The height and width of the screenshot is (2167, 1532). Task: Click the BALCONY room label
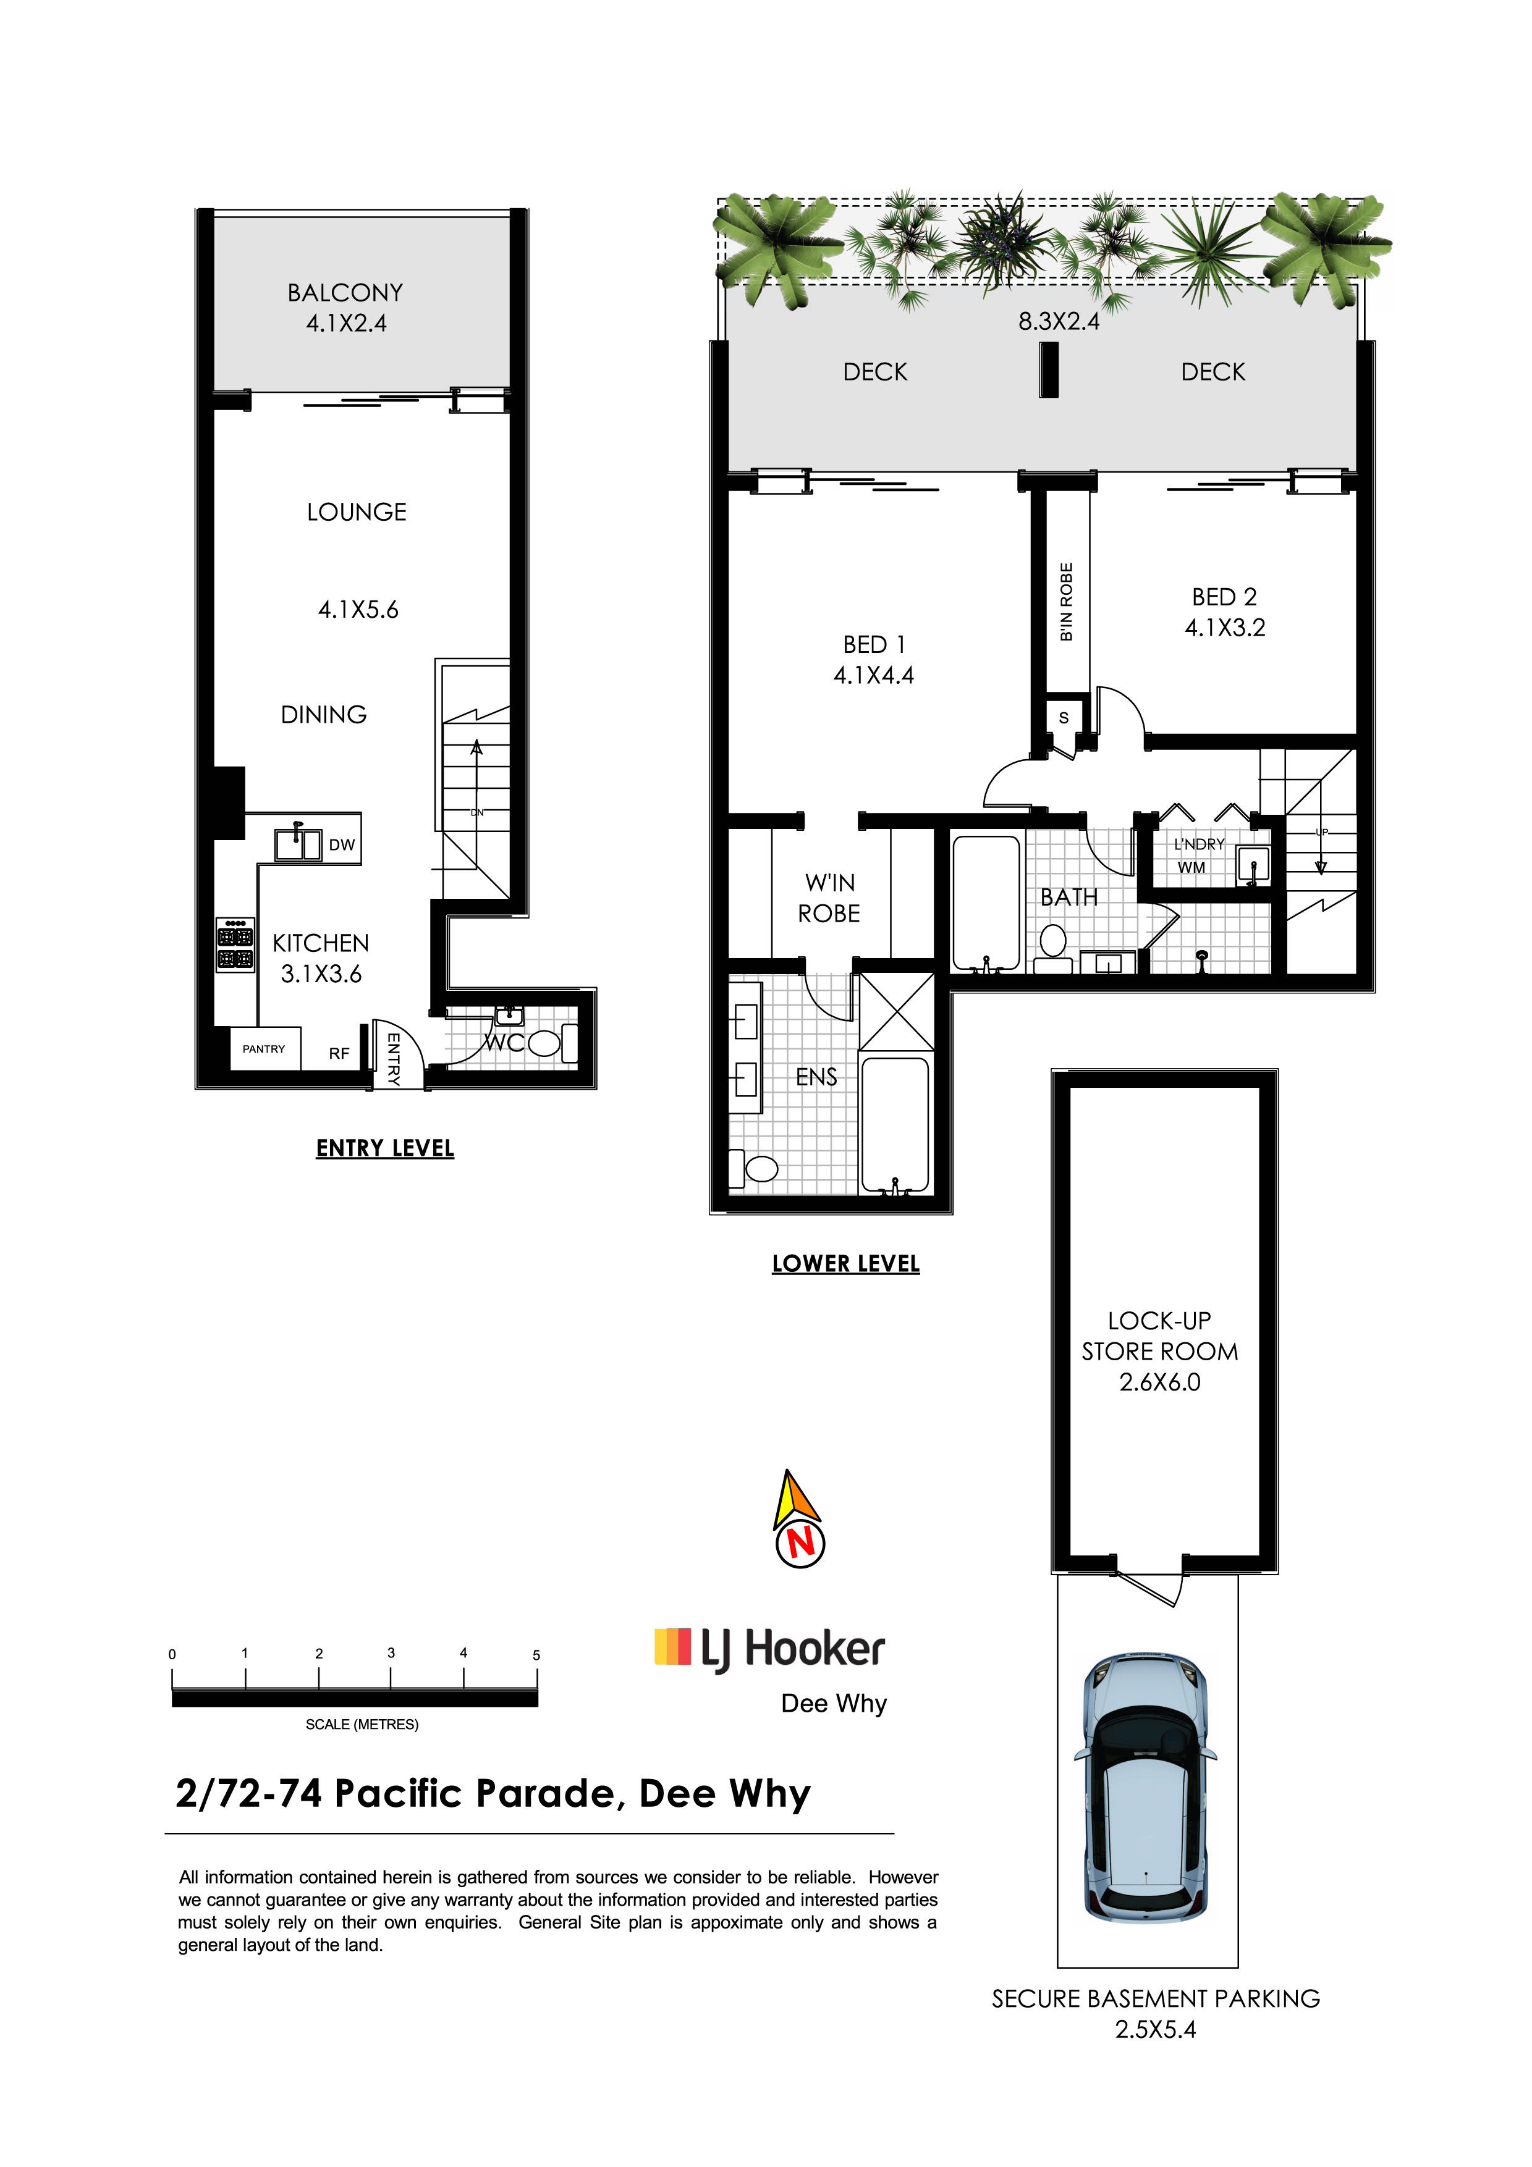345,293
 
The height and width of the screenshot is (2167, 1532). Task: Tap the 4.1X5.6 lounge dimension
358,610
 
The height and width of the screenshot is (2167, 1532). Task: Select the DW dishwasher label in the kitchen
342,844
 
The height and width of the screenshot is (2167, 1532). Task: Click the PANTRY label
263,1048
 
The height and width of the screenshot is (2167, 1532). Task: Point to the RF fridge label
339,1053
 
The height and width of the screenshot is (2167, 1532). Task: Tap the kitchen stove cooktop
235,944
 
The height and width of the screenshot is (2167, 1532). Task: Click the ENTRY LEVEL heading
385,1148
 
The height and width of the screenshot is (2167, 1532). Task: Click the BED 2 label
1224,597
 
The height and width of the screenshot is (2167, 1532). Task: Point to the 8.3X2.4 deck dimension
1059,322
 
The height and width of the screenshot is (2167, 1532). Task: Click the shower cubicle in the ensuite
897,1011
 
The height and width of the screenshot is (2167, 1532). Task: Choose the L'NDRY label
1199,844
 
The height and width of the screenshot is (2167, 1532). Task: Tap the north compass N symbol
800,1542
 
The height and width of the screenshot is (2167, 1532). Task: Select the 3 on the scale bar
391,1652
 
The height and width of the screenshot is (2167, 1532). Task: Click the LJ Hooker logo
769,1648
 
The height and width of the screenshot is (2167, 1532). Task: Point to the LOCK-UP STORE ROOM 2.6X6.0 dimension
1160,1382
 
